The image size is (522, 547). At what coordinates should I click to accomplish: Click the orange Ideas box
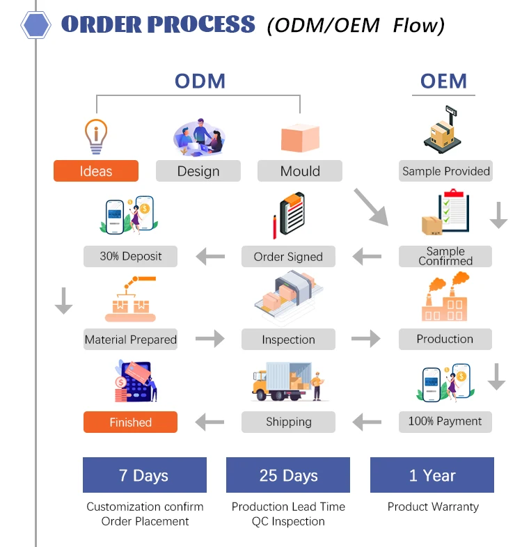coord(96,171)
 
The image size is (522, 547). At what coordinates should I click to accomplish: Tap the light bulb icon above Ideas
coord(96,136)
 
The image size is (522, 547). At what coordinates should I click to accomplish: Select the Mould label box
coord(300,171)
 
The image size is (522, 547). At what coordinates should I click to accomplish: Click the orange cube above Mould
coord(300,138)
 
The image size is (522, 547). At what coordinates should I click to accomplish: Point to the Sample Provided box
coord(445,171)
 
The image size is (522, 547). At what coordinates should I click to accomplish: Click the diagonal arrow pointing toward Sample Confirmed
coord(371,207)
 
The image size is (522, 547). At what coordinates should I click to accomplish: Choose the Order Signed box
coord(288,256)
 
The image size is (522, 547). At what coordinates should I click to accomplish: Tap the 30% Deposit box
coord(131,256)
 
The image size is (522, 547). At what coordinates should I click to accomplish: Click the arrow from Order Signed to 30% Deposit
coord(210,257)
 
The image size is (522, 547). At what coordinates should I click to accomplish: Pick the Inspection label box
coord(288,339)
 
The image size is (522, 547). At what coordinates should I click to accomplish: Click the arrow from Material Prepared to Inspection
coord(210,339)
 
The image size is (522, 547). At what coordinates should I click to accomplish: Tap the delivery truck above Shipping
coord(288,381)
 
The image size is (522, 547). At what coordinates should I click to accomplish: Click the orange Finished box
coord(131,422)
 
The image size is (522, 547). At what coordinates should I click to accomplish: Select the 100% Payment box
coord(445,422)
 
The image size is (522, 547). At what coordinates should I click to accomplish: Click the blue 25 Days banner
coord(288,475)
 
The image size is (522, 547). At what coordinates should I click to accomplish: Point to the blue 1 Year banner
coord(432,475)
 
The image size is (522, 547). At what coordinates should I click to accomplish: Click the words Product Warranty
coord(433,507)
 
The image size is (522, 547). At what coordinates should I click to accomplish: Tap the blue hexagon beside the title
coord(35,25)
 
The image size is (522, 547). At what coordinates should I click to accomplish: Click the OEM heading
coord(443,81)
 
